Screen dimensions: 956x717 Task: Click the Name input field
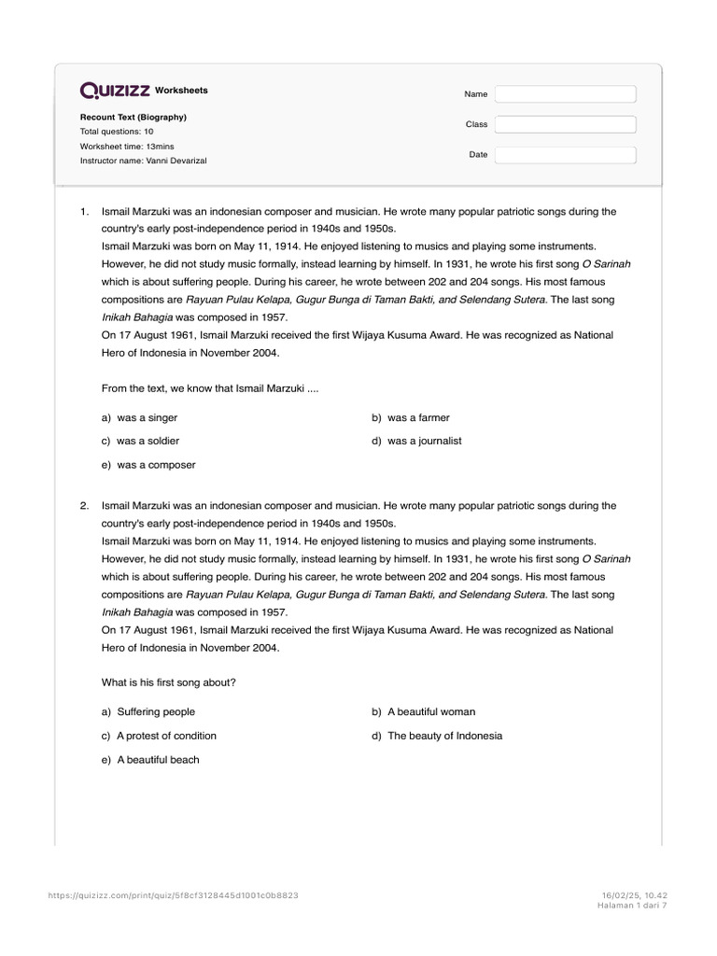565,94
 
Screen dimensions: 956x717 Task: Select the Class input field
565,124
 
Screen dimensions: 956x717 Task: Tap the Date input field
565,154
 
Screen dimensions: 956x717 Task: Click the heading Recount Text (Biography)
133,117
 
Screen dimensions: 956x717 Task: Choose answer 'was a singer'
147,418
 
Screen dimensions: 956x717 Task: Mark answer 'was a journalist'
424,441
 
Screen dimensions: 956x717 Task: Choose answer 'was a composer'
156,465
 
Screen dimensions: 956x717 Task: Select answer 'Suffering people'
156,711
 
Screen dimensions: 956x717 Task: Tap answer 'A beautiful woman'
431,711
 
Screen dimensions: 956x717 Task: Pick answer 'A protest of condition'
166,736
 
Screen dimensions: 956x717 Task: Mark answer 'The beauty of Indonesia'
444,736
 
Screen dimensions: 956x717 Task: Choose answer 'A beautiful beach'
158,760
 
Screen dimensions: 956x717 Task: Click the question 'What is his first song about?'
169,682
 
